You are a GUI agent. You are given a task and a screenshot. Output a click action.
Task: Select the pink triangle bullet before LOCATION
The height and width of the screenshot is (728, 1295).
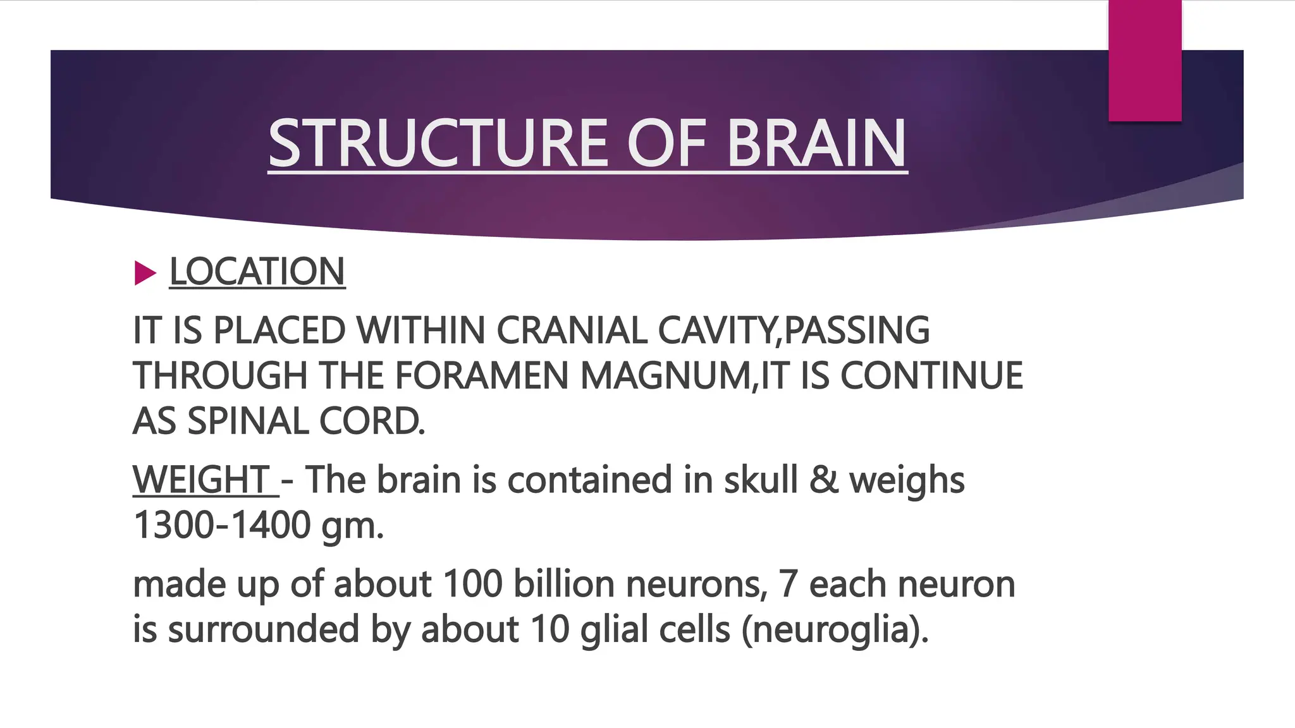pos(145,273)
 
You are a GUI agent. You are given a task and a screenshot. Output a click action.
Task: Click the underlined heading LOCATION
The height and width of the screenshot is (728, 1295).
pos(257,272)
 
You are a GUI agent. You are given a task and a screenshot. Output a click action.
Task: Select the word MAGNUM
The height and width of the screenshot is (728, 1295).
pos(665,376)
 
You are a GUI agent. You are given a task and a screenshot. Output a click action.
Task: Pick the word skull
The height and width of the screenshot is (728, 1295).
pos(761,480)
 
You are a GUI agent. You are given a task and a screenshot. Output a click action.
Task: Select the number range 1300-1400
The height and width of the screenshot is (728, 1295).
pos(222,525)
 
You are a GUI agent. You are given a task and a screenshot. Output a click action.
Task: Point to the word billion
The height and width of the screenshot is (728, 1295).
pos(563,583)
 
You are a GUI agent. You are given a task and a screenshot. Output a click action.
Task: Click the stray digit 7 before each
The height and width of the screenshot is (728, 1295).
pos(788,583)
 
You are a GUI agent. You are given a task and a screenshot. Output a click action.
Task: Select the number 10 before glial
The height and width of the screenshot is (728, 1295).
pos(550,629)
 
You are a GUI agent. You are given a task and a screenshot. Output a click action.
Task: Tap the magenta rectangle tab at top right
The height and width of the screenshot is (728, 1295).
pos(1145,60)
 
